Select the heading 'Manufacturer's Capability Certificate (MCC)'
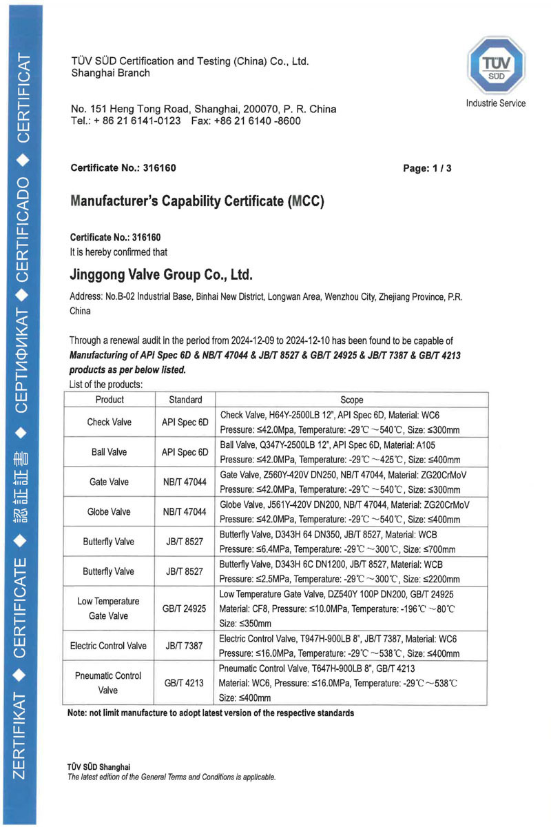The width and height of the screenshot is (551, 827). [x=197, y=202]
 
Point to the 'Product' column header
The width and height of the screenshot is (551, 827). [x=110, y=400]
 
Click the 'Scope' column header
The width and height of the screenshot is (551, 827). [x=352, y=400]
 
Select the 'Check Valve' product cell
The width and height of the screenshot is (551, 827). [x=110, y=422]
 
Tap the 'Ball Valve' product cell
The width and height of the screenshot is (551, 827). [x=110, y=453]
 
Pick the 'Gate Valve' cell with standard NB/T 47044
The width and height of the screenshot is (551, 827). [x=110, y=482]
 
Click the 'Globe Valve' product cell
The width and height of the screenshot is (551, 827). [x=110, y=512]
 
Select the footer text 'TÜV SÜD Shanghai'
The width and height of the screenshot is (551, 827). [x=98, y=767]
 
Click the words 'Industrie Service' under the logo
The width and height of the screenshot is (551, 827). [x=495, y=103]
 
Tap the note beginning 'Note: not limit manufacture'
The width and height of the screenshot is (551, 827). [x=211, y=713]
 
